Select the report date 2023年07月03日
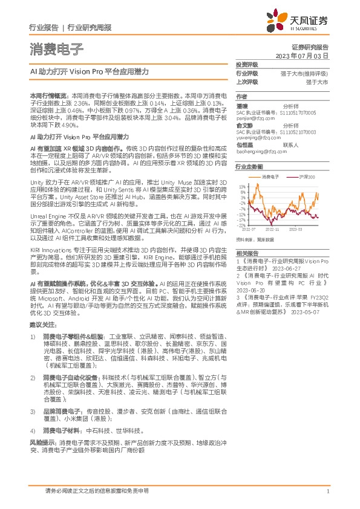pos(303,55)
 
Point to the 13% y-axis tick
pos(242,187)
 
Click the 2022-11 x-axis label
pos(272,230)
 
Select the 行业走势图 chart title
pos(249,166)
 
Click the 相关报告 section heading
pos(246,253)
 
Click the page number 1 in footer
pos(327,491)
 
